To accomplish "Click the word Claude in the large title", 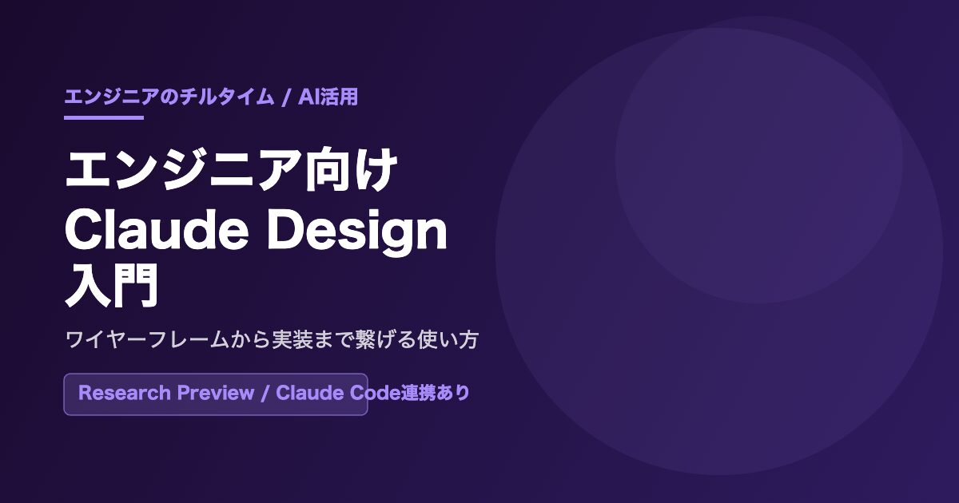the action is pos(157,230).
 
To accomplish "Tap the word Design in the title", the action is pos(357,232).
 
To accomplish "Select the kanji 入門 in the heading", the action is pos(112,285).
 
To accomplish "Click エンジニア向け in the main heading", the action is pos(231,169).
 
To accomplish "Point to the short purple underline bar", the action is pos(104,117).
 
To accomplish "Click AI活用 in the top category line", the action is pos(328,97).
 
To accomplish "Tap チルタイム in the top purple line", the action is pos(226,97).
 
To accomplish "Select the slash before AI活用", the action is pos(286,97).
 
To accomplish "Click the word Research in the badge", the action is pos(124,393).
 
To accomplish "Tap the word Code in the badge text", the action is pos(375,393).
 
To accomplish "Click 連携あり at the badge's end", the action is pos(436,393).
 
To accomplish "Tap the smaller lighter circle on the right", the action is pos(758,160).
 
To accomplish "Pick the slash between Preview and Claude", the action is pos(265,393).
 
